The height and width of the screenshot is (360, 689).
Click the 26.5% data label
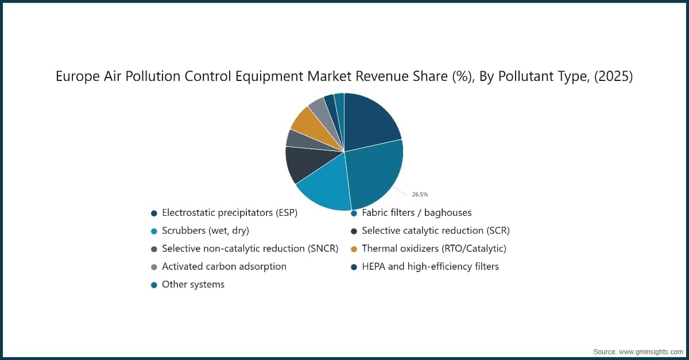(420, 195)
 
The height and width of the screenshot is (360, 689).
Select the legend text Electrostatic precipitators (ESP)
(230, 213)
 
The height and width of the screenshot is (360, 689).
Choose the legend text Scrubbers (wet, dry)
(205, 231)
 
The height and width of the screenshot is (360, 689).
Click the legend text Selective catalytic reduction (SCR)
(435, 231)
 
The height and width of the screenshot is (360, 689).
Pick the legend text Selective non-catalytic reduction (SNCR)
(250, 249)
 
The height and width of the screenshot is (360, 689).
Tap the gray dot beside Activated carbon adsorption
(154, 267)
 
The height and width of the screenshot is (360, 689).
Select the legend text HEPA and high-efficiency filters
(430, 266)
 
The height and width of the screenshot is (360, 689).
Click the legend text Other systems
(193, 285)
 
